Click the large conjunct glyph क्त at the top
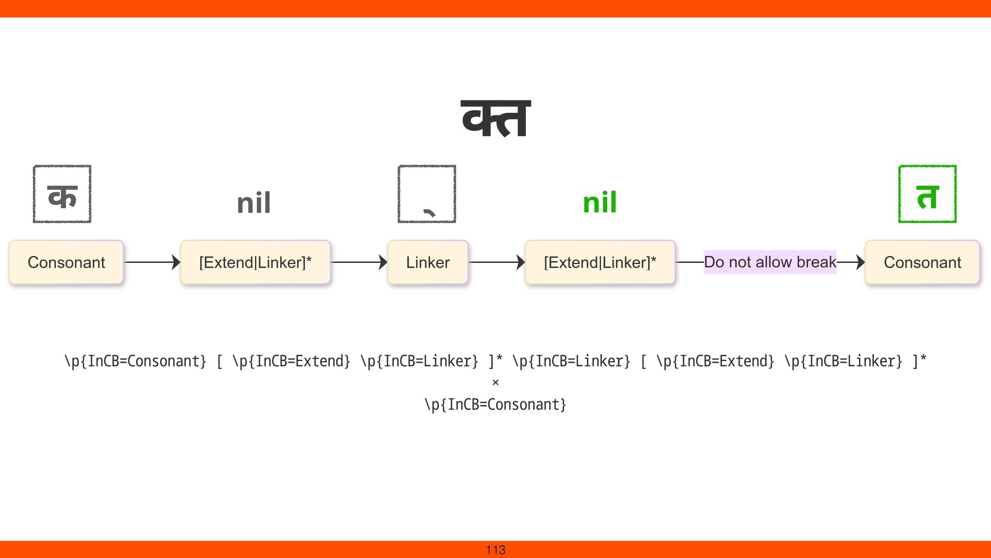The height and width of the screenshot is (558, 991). (495, 119)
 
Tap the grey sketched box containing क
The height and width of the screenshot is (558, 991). (62, 194)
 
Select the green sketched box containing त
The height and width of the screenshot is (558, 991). (927, 194)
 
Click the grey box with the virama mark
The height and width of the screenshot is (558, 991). (427, 194)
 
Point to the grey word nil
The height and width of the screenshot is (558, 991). (253, 203)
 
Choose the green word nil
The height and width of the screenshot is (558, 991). (600, 203)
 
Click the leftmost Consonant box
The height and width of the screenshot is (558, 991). (66, 262)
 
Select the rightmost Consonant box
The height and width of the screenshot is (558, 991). (922, 262)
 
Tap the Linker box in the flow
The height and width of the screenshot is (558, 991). (428, 262)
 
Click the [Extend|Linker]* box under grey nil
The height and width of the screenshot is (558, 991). (255, 262)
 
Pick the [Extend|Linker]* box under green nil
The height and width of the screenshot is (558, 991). (600, 262)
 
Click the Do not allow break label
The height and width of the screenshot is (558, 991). (770, 262)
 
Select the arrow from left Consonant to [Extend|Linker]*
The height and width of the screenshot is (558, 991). (152, 262)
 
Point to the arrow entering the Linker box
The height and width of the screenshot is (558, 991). (359, 262)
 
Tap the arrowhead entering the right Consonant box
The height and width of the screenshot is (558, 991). (860, 262)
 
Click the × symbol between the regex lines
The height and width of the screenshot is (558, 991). (495, 382)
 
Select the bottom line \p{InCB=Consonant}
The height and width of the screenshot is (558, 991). (495, 404)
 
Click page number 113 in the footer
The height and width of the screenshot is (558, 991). (495, 550)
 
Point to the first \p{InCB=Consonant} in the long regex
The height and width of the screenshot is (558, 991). (135, 361)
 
